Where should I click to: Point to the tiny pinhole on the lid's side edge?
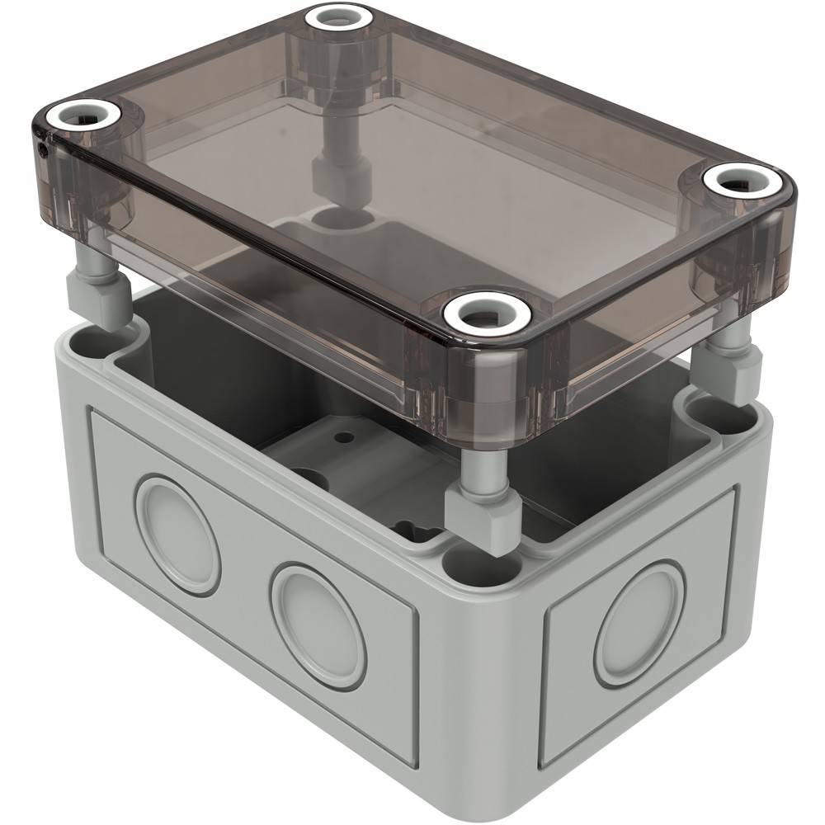tap(43, 150)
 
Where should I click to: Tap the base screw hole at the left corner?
tap(97, 340)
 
